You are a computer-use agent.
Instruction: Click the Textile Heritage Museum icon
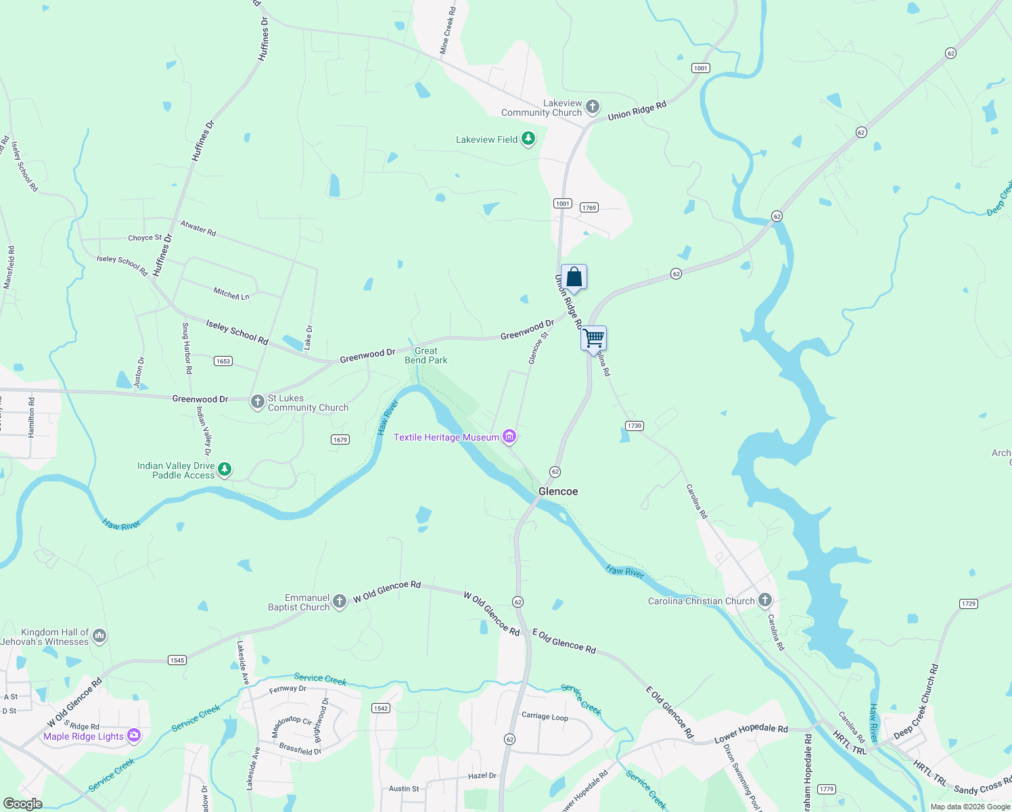(x=510, y=437)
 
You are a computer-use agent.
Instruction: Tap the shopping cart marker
(x=593, y=338)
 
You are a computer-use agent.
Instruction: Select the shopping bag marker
(x=574, y=277)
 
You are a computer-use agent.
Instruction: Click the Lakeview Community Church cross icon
(x=593, y=106)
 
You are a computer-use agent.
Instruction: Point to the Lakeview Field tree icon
(x=528, y=139)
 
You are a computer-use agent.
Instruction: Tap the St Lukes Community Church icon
(x=257, y=402)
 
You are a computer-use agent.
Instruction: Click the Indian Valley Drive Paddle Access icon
(x=225, y=469)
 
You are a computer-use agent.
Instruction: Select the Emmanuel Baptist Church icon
(x=340, y=600)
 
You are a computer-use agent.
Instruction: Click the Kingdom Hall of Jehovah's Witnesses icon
(x=99, y=635)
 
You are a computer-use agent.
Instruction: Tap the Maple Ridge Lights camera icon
(x=134, y=736)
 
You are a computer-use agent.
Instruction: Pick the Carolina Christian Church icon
(x=765, y=600)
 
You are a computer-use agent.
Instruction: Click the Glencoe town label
(x=558, y=491)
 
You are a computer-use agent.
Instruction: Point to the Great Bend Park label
(x=426, y=355)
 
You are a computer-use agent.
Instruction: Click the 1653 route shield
(x=223, y=361)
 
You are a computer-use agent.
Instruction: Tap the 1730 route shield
(x=634, y=426)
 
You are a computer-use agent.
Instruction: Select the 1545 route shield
(x=177, y=660)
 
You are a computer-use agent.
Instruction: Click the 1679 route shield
(x=340, y=440)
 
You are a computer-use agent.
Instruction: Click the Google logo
(x=22, y=804)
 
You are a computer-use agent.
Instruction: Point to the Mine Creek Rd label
(x=448, y=31)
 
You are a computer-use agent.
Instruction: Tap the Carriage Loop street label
(x=545, y=716)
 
